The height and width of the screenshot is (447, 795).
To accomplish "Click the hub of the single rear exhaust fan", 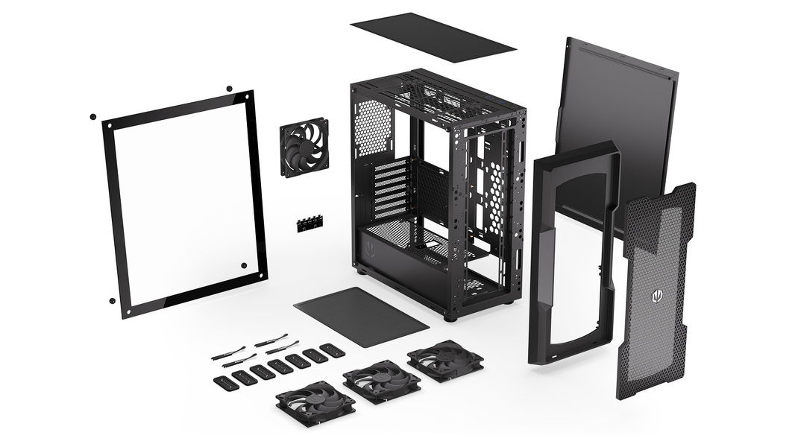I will tap(304, 146).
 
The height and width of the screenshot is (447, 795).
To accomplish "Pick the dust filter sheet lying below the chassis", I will tap(361, 316).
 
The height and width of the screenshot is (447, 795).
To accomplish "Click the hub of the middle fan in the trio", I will tap(381, 382).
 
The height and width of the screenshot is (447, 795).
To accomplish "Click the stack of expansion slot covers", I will tap(392, 188).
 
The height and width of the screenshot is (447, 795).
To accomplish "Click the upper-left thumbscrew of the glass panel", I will tap(92, 117).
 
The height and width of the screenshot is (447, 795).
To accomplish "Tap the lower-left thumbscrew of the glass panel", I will tap(112, 301).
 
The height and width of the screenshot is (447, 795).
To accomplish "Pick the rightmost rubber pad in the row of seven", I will tap(332, 349).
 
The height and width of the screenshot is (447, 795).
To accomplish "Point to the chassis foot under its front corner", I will tap(450, 317).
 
